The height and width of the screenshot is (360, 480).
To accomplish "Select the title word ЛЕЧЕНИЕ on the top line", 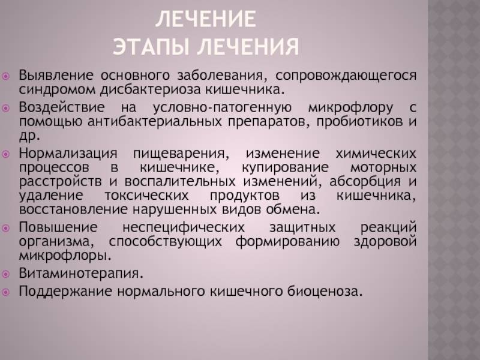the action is [205, 19].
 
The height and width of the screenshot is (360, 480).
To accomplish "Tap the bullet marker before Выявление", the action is [6, 76].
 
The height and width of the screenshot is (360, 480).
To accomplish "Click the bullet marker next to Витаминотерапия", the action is [6, 274].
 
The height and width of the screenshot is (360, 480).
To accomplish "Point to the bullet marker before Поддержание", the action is [6, 292].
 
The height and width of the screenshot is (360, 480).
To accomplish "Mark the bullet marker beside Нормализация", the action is [6, 154].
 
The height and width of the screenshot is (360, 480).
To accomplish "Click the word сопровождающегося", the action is [346, 76].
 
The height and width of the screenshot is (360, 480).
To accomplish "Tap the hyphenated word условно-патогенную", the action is [222, 107].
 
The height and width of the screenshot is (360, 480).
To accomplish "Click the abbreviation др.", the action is [29, 136].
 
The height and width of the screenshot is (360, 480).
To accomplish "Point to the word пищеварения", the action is [181, 154].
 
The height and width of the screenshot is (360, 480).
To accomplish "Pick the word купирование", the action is [285, 167].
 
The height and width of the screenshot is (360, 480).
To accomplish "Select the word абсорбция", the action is [365, 182].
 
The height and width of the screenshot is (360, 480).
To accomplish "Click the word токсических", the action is [146, 196].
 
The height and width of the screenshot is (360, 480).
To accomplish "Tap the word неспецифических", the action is [184, 227].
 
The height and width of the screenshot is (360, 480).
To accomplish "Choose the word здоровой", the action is [385, 242].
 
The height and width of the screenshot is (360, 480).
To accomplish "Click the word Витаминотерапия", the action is [81, 273].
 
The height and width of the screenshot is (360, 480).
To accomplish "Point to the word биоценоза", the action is [325, 291].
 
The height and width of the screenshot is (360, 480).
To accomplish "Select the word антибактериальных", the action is [155, 122].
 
